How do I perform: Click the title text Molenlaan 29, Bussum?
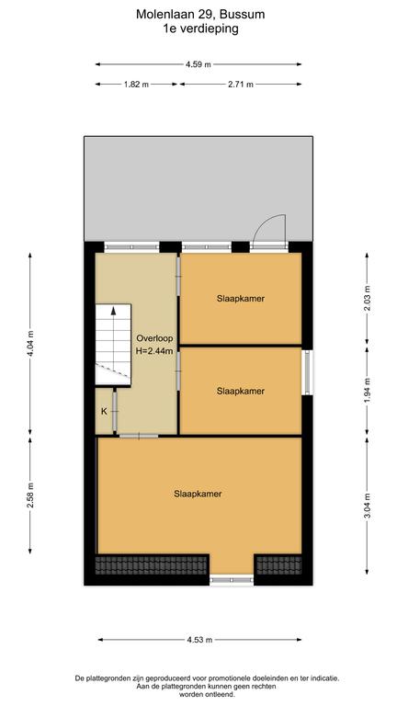200,15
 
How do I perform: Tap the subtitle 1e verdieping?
200,29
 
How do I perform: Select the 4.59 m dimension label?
198,64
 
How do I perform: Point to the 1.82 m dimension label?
136,85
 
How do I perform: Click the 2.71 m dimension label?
241,85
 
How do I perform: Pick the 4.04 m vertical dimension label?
30,343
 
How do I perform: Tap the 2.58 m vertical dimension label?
30,495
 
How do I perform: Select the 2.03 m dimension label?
367,298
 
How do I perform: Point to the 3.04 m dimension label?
367,507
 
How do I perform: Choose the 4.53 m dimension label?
198,640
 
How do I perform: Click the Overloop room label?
154,338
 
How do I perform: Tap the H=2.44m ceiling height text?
154,352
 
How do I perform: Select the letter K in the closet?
104,412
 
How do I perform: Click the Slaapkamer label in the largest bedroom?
198,494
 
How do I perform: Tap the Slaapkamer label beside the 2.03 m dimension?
241,298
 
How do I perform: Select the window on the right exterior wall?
308,372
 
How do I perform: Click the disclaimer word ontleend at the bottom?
211,695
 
